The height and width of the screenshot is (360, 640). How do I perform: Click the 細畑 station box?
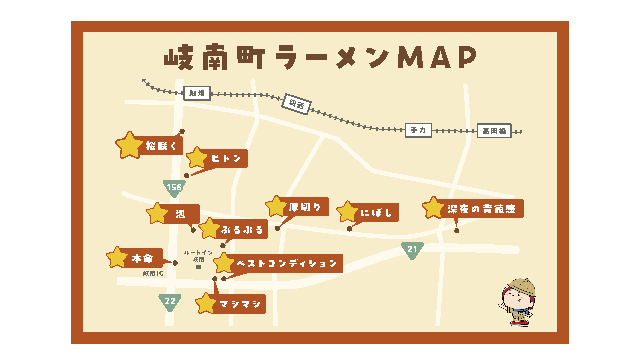197,93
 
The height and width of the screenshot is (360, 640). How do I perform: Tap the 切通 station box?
296,104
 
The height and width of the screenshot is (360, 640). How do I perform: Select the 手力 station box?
418,130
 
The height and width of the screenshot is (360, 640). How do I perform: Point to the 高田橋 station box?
494,131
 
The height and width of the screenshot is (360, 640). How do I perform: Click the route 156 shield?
174,188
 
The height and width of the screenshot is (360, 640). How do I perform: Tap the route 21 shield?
412,249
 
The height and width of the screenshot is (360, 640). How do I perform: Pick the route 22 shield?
170,301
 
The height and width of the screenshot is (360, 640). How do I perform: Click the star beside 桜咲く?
129,145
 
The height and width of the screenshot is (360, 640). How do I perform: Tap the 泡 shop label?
180,214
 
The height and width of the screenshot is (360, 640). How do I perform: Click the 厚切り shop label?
305,207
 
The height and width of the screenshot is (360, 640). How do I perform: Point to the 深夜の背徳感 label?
481,209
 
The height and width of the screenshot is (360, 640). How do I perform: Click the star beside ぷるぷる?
210,228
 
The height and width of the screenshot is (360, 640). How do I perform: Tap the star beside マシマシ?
206,303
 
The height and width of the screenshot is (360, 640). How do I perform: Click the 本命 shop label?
142,258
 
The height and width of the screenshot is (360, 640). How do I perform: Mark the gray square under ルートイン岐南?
199,267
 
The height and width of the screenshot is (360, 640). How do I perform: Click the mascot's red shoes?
520,323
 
